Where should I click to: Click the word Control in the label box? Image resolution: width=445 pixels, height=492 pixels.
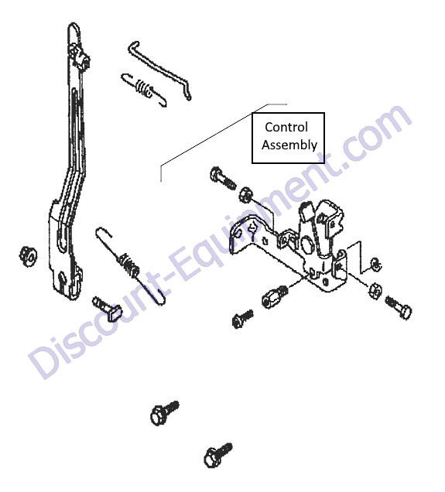tap(286, 128)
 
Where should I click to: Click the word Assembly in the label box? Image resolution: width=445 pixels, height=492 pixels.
tap(289, 145)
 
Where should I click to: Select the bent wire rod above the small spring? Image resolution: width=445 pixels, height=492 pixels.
tap(160, 70)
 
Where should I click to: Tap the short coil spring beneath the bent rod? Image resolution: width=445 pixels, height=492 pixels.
tap(144, 90)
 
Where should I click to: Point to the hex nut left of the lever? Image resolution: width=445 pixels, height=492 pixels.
tap(28, 255)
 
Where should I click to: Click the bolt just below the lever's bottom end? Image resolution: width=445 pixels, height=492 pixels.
tap(107, 309)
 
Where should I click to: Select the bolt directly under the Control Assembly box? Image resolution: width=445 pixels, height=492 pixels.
tap(223, 178)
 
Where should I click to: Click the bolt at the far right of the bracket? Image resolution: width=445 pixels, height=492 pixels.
tap(399, 307)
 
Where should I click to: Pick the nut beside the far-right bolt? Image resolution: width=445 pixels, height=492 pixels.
tap(375, 291)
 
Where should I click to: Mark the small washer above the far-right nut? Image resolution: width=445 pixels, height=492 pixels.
tap(376, 265)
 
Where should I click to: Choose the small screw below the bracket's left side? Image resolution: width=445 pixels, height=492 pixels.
tap(242, 319)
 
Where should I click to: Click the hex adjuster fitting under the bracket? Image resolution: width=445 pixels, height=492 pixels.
tap(273, 296)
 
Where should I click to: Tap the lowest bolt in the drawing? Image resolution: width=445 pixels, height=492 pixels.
tap(218, 456)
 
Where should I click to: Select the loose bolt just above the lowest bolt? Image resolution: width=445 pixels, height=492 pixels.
tap(164, 412)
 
